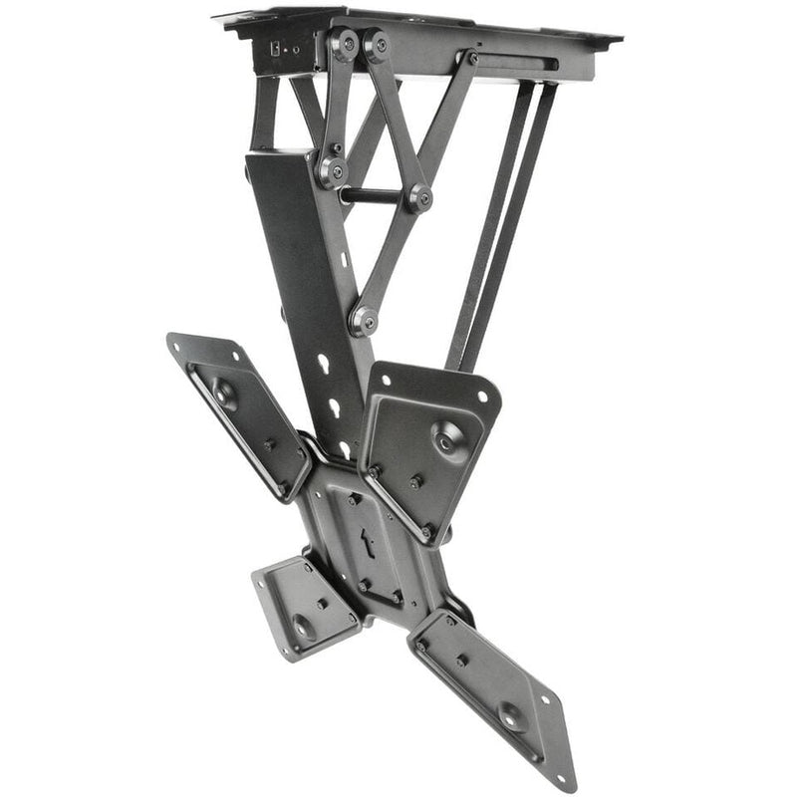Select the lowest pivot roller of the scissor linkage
[x=363, y=320]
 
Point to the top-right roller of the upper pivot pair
[x=377, y=46]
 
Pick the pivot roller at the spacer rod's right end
[x=419, y=197]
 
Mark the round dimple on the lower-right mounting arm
[x=510, y=715]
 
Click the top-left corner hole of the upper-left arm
[x=179, y=344]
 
